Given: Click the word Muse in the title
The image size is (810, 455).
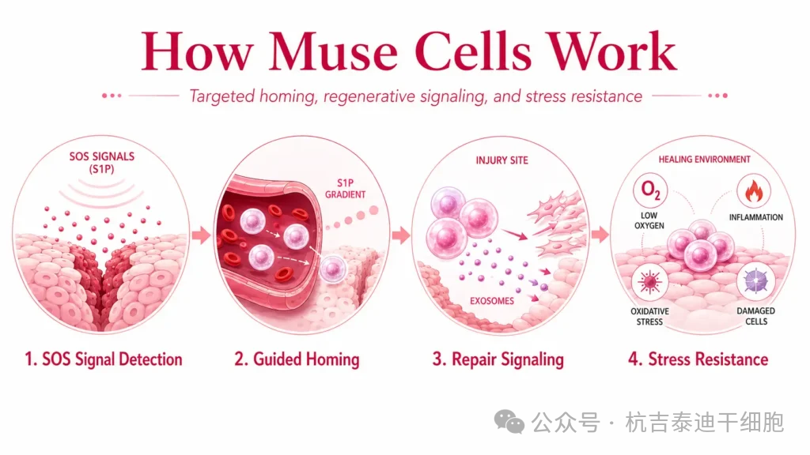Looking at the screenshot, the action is pos(333,51).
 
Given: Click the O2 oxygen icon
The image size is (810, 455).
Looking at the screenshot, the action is pos(650,190).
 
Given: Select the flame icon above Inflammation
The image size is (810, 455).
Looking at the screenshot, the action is pos(754,191).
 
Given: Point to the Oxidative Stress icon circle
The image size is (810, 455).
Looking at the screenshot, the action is pos(649,282).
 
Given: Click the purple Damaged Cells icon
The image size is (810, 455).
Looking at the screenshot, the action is pos(755,282).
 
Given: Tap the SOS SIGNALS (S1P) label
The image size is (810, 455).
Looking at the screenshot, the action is pos(102,163).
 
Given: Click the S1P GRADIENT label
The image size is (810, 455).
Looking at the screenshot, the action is pos(345,188).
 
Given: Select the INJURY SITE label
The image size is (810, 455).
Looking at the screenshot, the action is pos(502,160).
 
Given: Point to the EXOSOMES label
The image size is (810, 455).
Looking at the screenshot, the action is pos(492,301).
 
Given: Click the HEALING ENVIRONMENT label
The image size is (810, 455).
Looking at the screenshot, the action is pos(704,160).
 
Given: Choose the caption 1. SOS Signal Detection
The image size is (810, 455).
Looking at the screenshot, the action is pos(104,359).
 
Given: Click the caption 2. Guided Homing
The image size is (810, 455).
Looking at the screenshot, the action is pos(297,359).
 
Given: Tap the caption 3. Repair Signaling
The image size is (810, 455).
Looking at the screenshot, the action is pos(498,359).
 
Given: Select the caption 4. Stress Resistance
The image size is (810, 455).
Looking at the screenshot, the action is pos(698,359).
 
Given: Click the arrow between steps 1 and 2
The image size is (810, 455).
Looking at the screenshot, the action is pos(202,235).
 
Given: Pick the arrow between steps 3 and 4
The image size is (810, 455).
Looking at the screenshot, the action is pos(600,235).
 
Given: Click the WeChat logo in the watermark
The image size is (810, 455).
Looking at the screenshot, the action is pos(509,422).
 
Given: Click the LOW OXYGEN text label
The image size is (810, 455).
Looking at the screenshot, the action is pos(649,220).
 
